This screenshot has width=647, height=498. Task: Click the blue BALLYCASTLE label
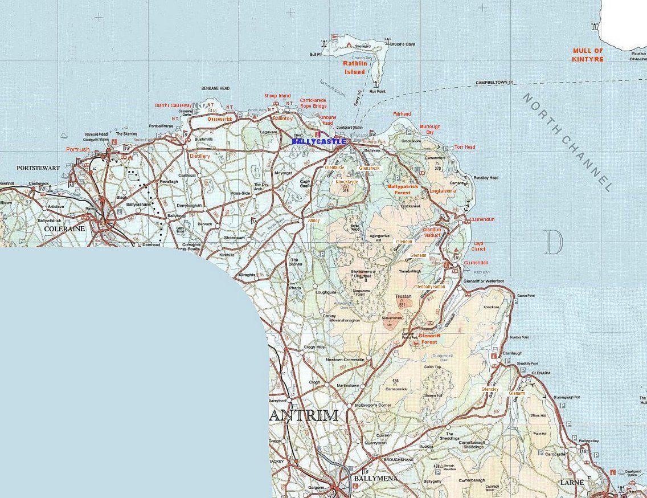(318, 141)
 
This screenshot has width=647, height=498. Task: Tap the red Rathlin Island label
(354, 68)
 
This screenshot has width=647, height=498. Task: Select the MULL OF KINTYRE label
(588, 55)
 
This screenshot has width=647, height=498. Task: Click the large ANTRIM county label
(304, 415)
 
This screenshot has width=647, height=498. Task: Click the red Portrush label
(77, 149)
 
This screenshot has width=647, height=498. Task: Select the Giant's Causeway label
(173, 105)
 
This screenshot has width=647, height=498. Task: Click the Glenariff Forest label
(429, 339)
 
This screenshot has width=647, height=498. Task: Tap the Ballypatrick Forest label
(403, 189)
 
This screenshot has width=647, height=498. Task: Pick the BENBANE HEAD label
(215, 88)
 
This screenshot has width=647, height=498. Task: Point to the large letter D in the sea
(553, 242)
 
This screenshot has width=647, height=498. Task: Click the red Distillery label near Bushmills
(200, 156)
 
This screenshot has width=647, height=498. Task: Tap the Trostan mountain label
(403, 297)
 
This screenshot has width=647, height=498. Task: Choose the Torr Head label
(465, 147)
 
